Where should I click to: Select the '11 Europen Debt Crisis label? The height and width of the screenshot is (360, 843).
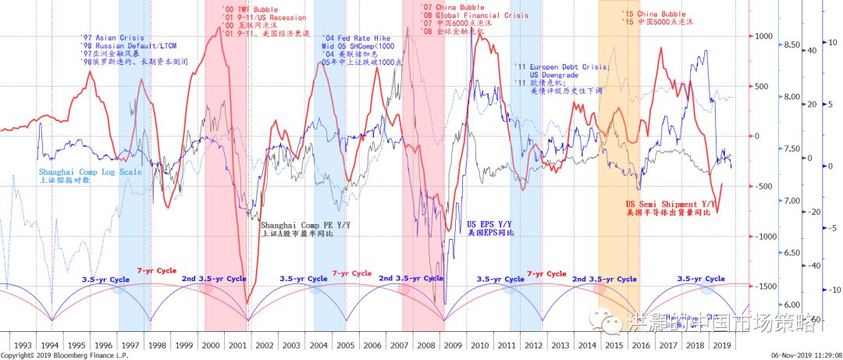click(x=557, y=67)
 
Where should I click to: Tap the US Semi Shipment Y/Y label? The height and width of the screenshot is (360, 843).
click(x=670, y=204)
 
